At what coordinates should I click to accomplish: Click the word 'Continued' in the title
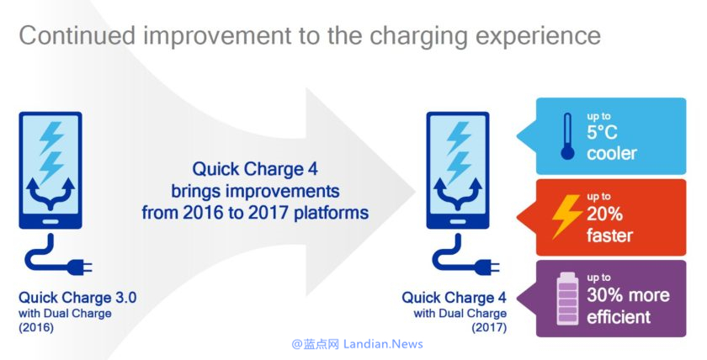(x=77, y=35)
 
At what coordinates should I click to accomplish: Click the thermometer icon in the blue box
(x=567, y=136)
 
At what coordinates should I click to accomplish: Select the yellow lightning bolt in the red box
(x=567, y=216)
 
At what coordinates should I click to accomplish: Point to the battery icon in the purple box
(x=567, y=299)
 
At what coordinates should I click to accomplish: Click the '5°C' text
(x=602, y=132)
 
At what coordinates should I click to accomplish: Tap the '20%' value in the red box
(x=604, y=214)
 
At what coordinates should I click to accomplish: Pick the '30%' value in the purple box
(x=604, y=294)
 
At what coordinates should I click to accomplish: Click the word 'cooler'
(x=612, y=154)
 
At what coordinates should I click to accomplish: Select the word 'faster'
(x=609, y=235)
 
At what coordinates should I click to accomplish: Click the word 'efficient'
(x=618, y=317)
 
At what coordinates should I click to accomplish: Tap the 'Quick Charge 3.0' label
(x=77, y=298)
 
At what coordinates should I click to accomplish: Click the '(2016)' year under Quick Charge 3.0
(x=36, y=327)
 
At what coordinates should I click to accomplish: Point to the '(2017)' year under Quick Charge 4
(x=489, y=327)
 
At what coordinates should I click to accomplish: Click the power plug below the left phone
(x=80, y=267)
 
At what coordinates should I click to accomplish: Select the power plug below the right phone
(x=487, y=267)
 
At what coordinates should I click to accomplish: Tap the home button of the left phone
(x=50, y=222)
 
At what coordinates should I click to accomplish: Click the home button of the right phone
(x=458, y=222)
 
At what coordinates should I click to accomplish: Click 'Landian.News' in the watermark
(x=383, y=344)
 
